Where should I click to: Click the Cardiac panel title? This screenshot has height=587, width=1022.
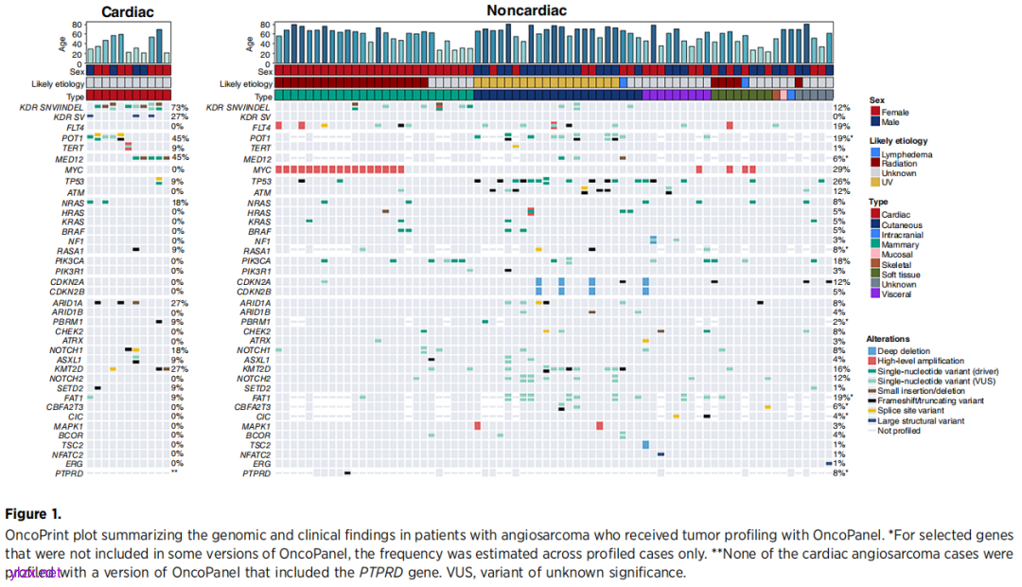pyautogui.click(x=128, y=12)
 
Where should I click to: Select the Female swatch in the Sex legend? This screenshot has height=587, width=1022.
pyautogui.click(x=875, y=112)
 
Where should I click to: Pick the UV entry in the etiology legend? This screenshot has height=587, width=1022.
pyautogui.click(x=875, y=183)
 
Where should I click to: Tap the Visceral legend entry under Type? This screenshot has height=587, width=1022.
pyautogui.click(x=875, y=294)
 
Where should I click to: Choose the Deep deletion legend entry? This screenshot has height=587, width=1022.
pyautogui.click(x=873, y=350)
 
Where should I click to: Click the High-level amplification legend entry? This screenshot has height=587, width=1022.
pyautogui.click(x=873, y=361)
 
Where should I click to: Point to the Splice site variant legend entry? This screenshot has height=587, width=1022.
pyautogui.click(x=873, y=411)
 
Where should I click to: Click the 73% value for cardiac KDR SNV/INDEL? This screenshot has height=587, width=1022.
pyautogui.click(x=180, y=108)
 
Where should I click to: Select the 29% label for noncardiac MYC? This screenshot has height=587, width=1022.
pyautogui.click(x=840, y=169)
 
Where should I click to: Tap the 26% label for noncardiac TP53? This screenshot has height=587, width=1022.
pyautogui.click(x=840, y=181)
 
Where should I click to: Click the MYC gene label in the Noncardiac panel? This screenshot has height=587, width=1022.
pyautogui.click(x=260, y=169)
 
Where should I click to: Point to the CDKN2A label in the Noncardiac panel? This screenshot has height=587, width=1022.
pyautogui.click(x=254, y=281)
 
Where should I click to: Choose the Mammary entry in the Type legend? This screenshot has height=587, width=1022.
pyautogui.click(x=875, y=243)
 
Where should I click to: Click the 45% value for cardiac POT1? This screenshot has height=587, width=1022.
pyautogui.click(x=180, y=138)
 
